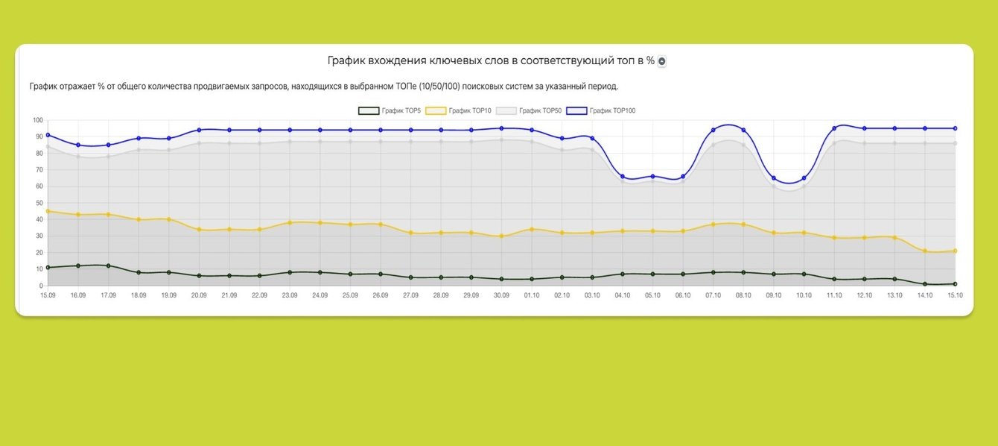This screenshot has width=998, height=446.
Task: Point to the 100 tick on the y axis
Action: (x=38, y=120)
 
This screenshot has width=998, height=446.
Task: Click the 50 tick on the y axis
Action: (x=39, y=203)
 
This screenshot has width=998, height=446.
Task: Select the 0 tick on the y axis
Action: (x=42, y=286)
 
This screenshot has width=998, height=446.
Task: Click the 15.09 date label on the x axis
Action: (x=48, y=295)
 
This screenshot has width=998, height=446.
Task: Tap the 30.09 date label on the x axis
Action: (x=501, y=295)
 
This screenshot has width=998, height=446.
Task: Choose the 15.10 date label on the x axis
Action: (x=955, y=295)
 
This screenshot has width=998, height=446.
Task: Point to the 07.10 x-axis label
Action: (x=713, y=295)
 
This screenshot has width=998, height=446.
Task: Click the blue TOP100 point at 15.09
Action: (x=48, y=135)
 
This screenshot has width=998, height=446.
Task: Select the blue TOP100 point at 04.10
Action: (x=622, y=177)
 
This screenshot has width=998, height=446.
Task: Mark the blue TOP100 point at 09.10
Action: (x=774, y=178)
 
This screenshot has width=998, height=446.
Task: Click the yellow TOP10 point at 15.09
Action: (x=48, y=211)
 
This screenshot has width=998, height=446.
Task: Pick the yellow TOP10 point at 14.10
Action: (x=925, y=251)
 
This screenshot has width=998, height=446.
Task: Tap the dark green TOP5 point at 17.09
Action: (x=108, y=266)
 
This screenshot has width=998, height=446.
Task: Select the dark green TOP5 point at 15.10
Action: (x=955, y=284)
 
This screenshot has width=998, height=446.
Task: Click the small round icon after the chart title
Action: (x=661, y=61)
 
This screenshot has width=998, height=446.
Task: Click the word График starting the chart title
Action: (x=349, y=60)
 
